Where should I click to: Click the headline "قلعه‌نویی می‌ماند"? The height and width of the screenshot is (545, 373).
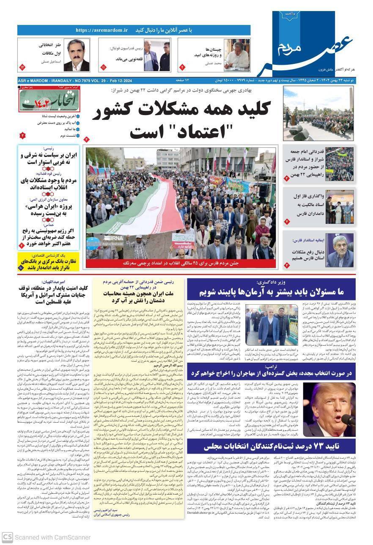point(126,60)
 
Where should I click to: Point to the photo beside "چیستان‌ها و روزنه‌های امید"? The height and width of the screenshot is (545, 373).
point(236,55)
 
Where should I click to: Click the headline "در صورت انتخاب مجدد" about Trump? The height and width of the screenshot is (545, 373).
point(272,374)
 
